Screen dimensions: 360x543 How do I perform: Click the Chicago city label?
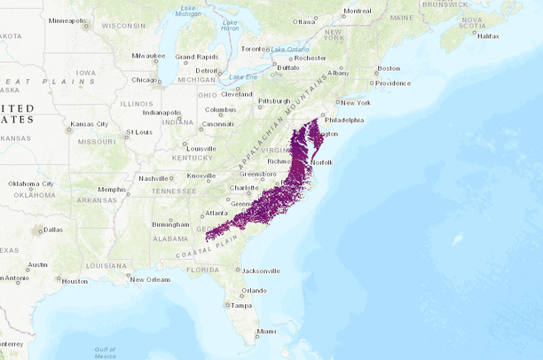tap(144, 79)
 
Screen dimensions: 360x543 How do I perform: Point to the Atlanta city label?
tap(215, 213)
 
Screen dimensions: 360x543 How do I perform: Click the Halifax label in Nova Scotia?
tap(488, 35)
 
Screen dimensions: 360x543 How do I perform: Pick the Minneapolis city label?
tap(67, 20)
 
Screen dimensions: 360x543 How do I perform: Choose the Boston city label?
tap(389, 68)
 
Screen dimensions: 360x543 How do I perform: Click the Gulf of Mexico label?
tap(106, 351)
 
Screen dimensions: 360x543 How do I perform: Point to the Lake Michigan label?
tap(187, 12)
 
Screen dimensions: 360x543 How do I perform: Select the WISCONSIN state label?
tap(123, 26)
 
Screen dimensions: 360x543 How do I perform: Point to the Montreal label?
tap(357, 11)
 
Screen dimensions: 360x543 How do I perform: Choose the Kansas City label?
tap(90, 124)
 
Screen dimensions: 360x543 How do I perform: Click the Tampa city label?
tap(241, 305)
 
